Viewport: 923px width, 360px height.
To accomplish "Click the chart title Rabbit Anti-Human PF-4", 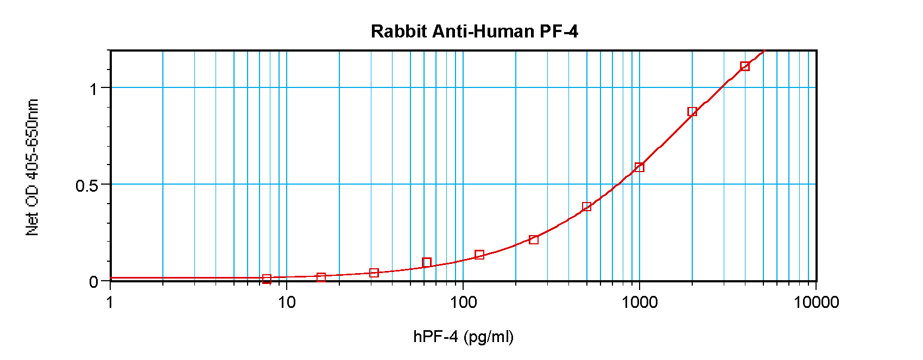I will (474, 31).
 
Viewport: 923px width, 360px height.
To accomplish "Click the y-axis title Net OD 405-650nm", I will (33, 167).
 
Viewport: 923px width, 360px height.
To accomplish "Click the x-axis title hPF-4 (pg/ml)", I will (463, 337).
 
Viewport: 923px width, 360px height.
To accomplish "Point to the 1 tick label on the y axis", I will (93, 89).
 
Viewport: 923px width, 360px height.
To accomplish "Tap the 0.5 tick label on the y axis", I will (87, 186).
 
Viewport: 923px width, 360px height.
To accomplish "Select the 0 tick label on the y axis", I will (93, 282).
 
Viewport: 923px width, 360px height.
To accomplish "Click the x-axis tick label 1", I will (110, 302).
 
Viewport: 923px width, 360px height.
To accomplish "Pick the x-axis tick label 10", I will (287, 302).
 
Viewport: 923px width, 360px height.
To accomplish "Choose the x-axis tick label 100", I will (463, 302).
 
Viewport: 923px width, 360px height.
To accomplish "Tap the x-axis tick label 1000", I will (640, 302).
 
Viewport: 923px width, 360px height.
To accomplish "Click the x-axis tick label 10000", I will (816, 302).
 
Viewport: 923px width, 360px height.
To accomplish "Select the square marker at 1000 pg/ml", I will (640, 167).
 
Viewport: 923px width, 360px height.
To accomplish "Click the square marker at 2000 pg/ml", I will (692, 112).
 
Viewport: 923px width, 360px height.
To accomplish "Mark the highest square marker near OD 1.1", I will (745, 66).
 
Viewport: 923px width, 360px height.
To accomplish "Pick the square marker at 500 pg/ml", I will (586, 207).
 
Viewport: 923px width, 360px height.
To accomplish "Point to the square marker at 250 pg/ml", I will (534, 240).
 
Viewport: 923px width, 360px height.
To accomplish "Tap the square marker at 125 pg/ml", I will (479, 255).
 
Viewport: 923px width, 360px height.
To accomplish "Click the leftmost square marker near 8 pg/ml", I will (267, 279).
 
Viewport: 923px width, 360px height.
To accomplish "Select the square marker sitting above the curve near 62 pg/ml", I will (427, 263).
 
